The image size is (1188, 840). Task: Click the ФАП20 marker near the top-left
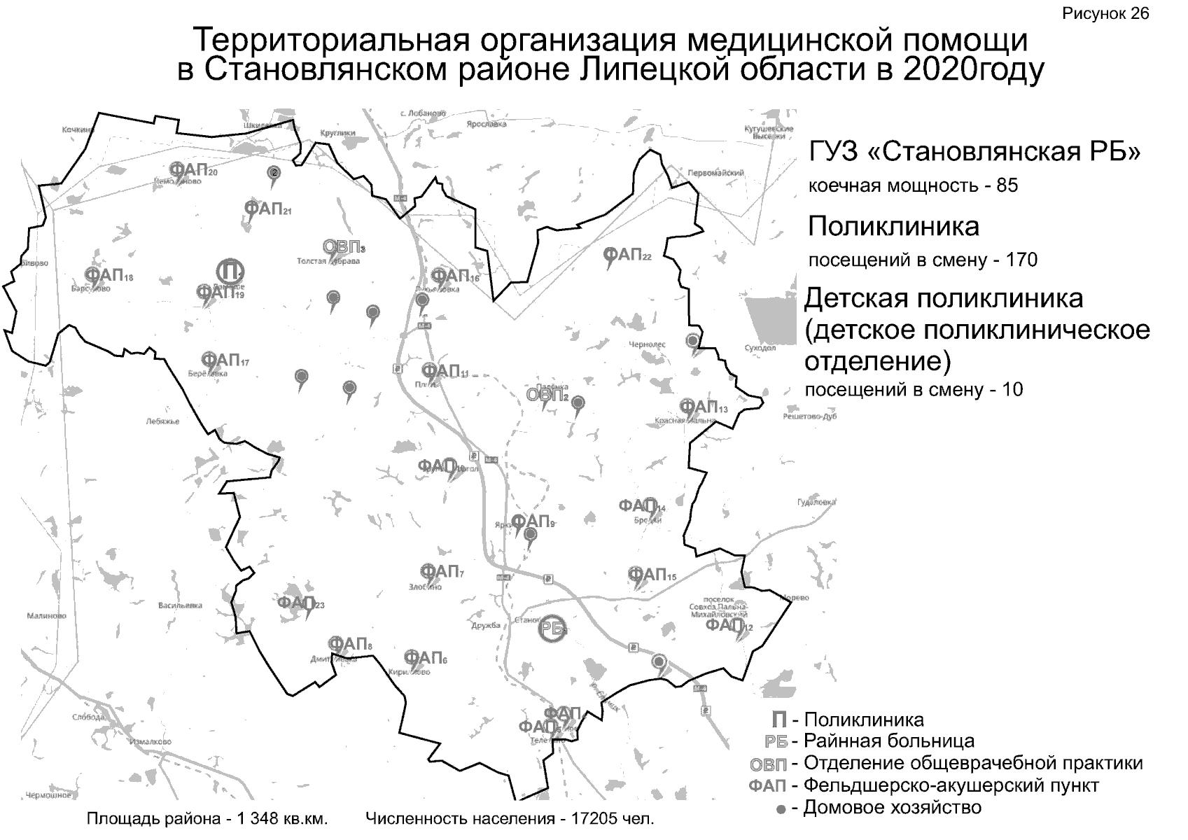tap(193, 170)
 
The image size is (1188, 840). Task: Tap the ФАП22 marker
tap(627, 255)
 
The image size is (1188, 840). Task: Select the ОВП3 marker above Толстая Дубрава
tap(344, 247)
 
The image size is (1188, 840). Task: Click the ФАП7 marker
tap(441, 572)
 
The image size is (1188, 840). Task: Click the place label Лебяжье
tap(163, 421)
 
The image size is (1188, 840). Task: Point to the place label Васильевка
tap(180, 605)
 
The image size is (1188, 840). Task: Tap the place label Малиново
tap(46, 616)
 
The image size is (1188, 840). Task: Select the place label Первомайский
tap(715, 172)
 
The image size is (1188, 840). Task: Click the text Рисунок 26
tap(1105, 14)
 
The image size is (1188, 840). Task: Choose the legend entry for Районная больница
tap(888, 741)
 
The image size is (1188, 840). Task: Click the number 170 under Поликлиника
tap(1021, 260)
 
